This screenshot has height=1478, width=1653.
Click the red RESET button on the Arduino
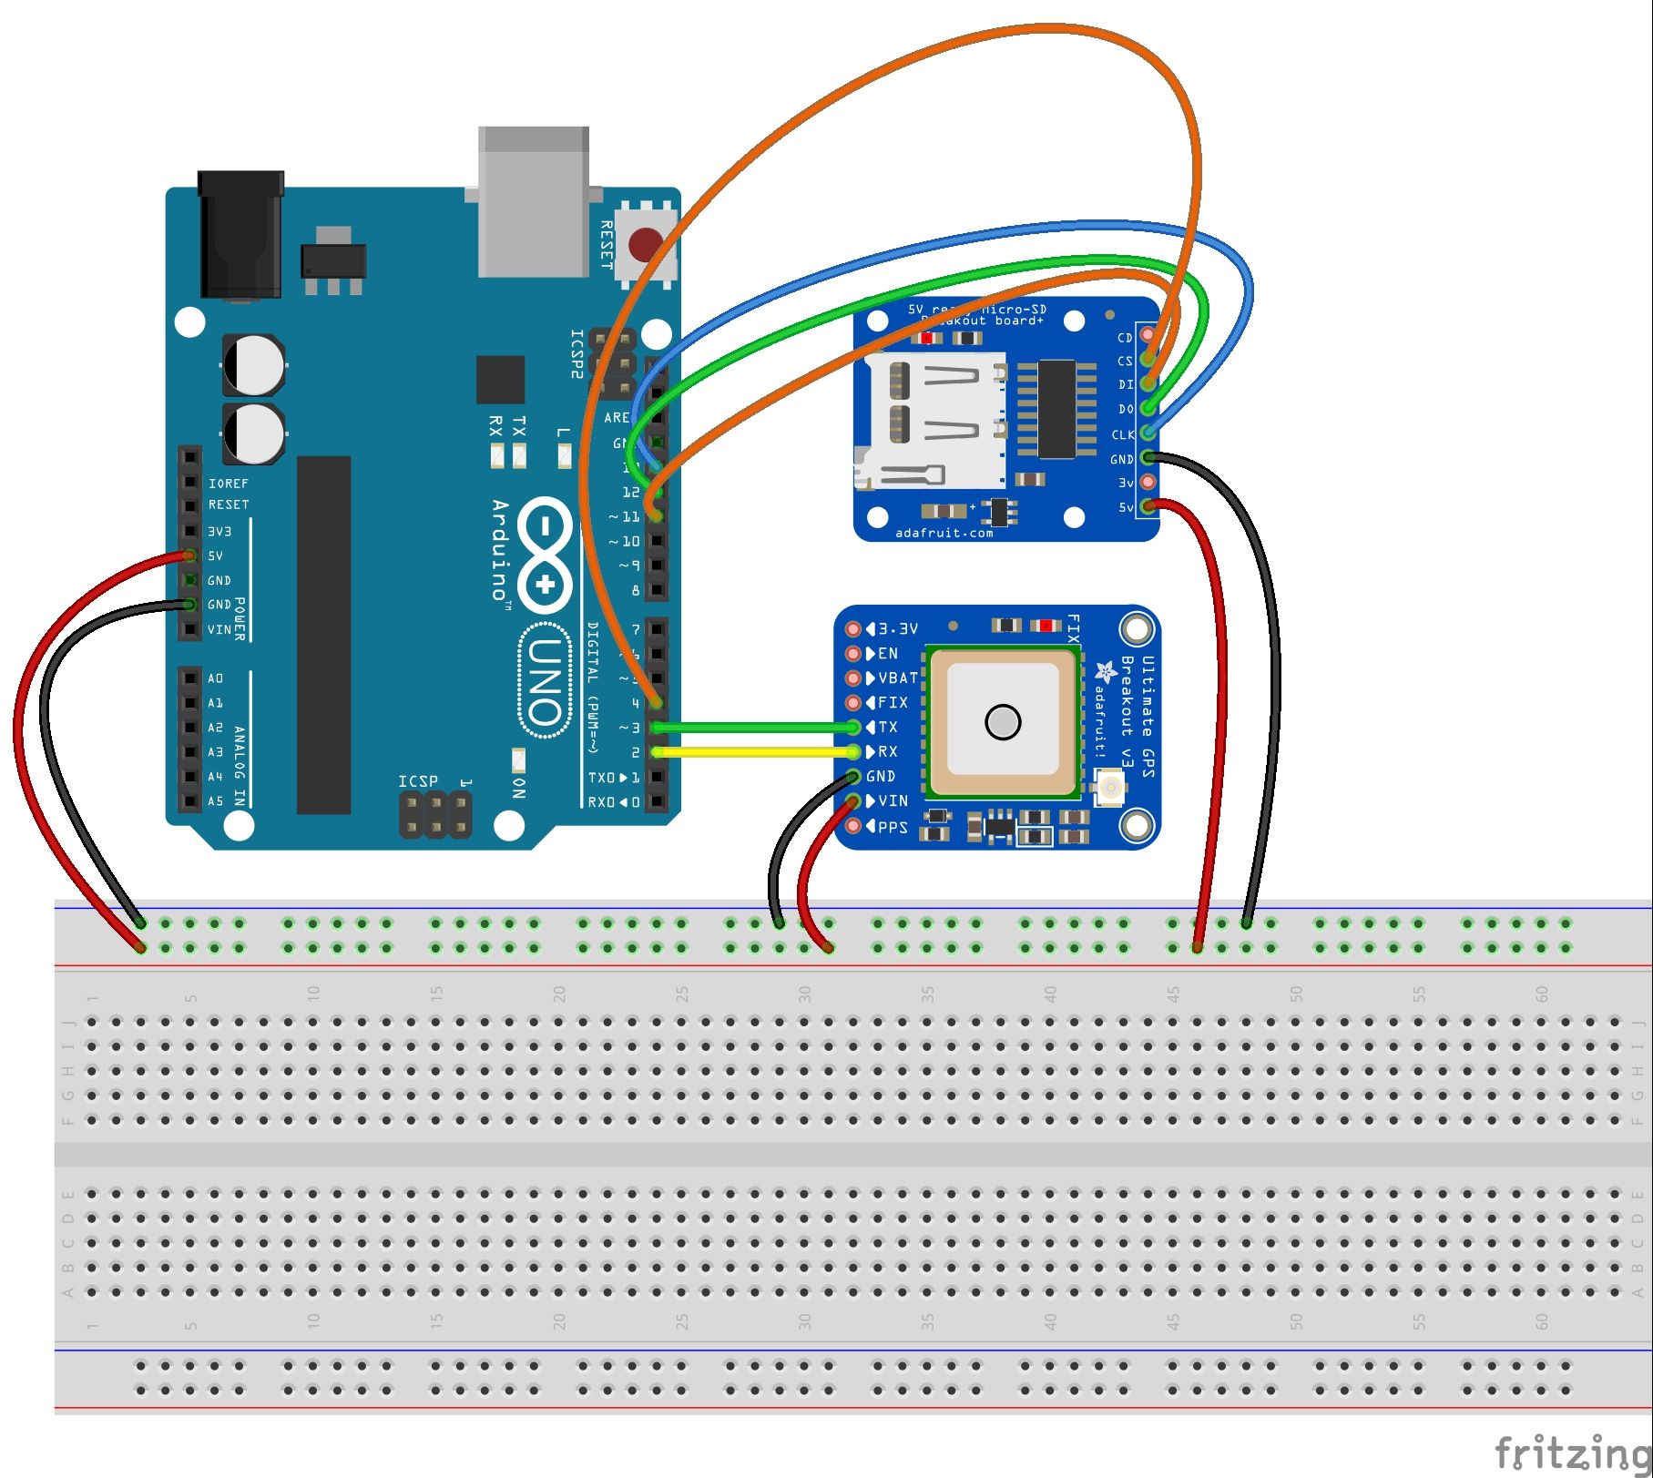(646, 244)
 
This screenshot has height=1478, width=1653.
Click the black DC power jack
(240, 235)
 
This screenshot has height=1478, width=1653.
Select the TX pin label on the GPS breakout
(888, 727)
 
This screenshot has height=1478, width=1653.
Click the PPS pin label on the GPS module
(892, 827)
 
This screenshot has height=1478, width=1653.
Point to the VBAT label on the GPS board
(897, 678)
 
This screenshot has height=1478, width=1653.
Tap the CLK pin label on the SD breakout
(1122, 434)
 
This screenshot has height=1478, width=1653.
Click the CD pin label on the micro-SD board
(1125, 337)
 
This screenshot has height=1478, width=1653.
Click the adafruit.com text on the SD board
(944, 533)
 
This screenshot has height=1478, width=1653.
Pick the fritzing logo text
(1571, 1450)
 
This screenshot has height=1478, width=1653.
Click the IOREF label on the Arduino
(228, 483)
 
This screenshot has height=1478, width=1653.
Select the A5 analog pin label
(215, 801)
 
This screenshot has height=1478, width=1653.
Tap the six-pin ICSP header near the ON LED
(435, 816)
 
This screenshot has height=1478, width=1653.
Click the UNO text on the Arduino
(545, 678)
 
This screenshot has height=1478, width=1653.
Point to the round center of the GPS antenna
(1003, 722)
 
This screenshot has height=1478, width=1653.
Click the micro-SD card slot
(934, 419)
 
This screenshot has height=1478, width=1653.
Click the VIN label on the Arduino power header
(219, 629)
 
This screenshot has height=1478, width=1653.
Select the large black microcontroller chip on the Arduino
(323, 635)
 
